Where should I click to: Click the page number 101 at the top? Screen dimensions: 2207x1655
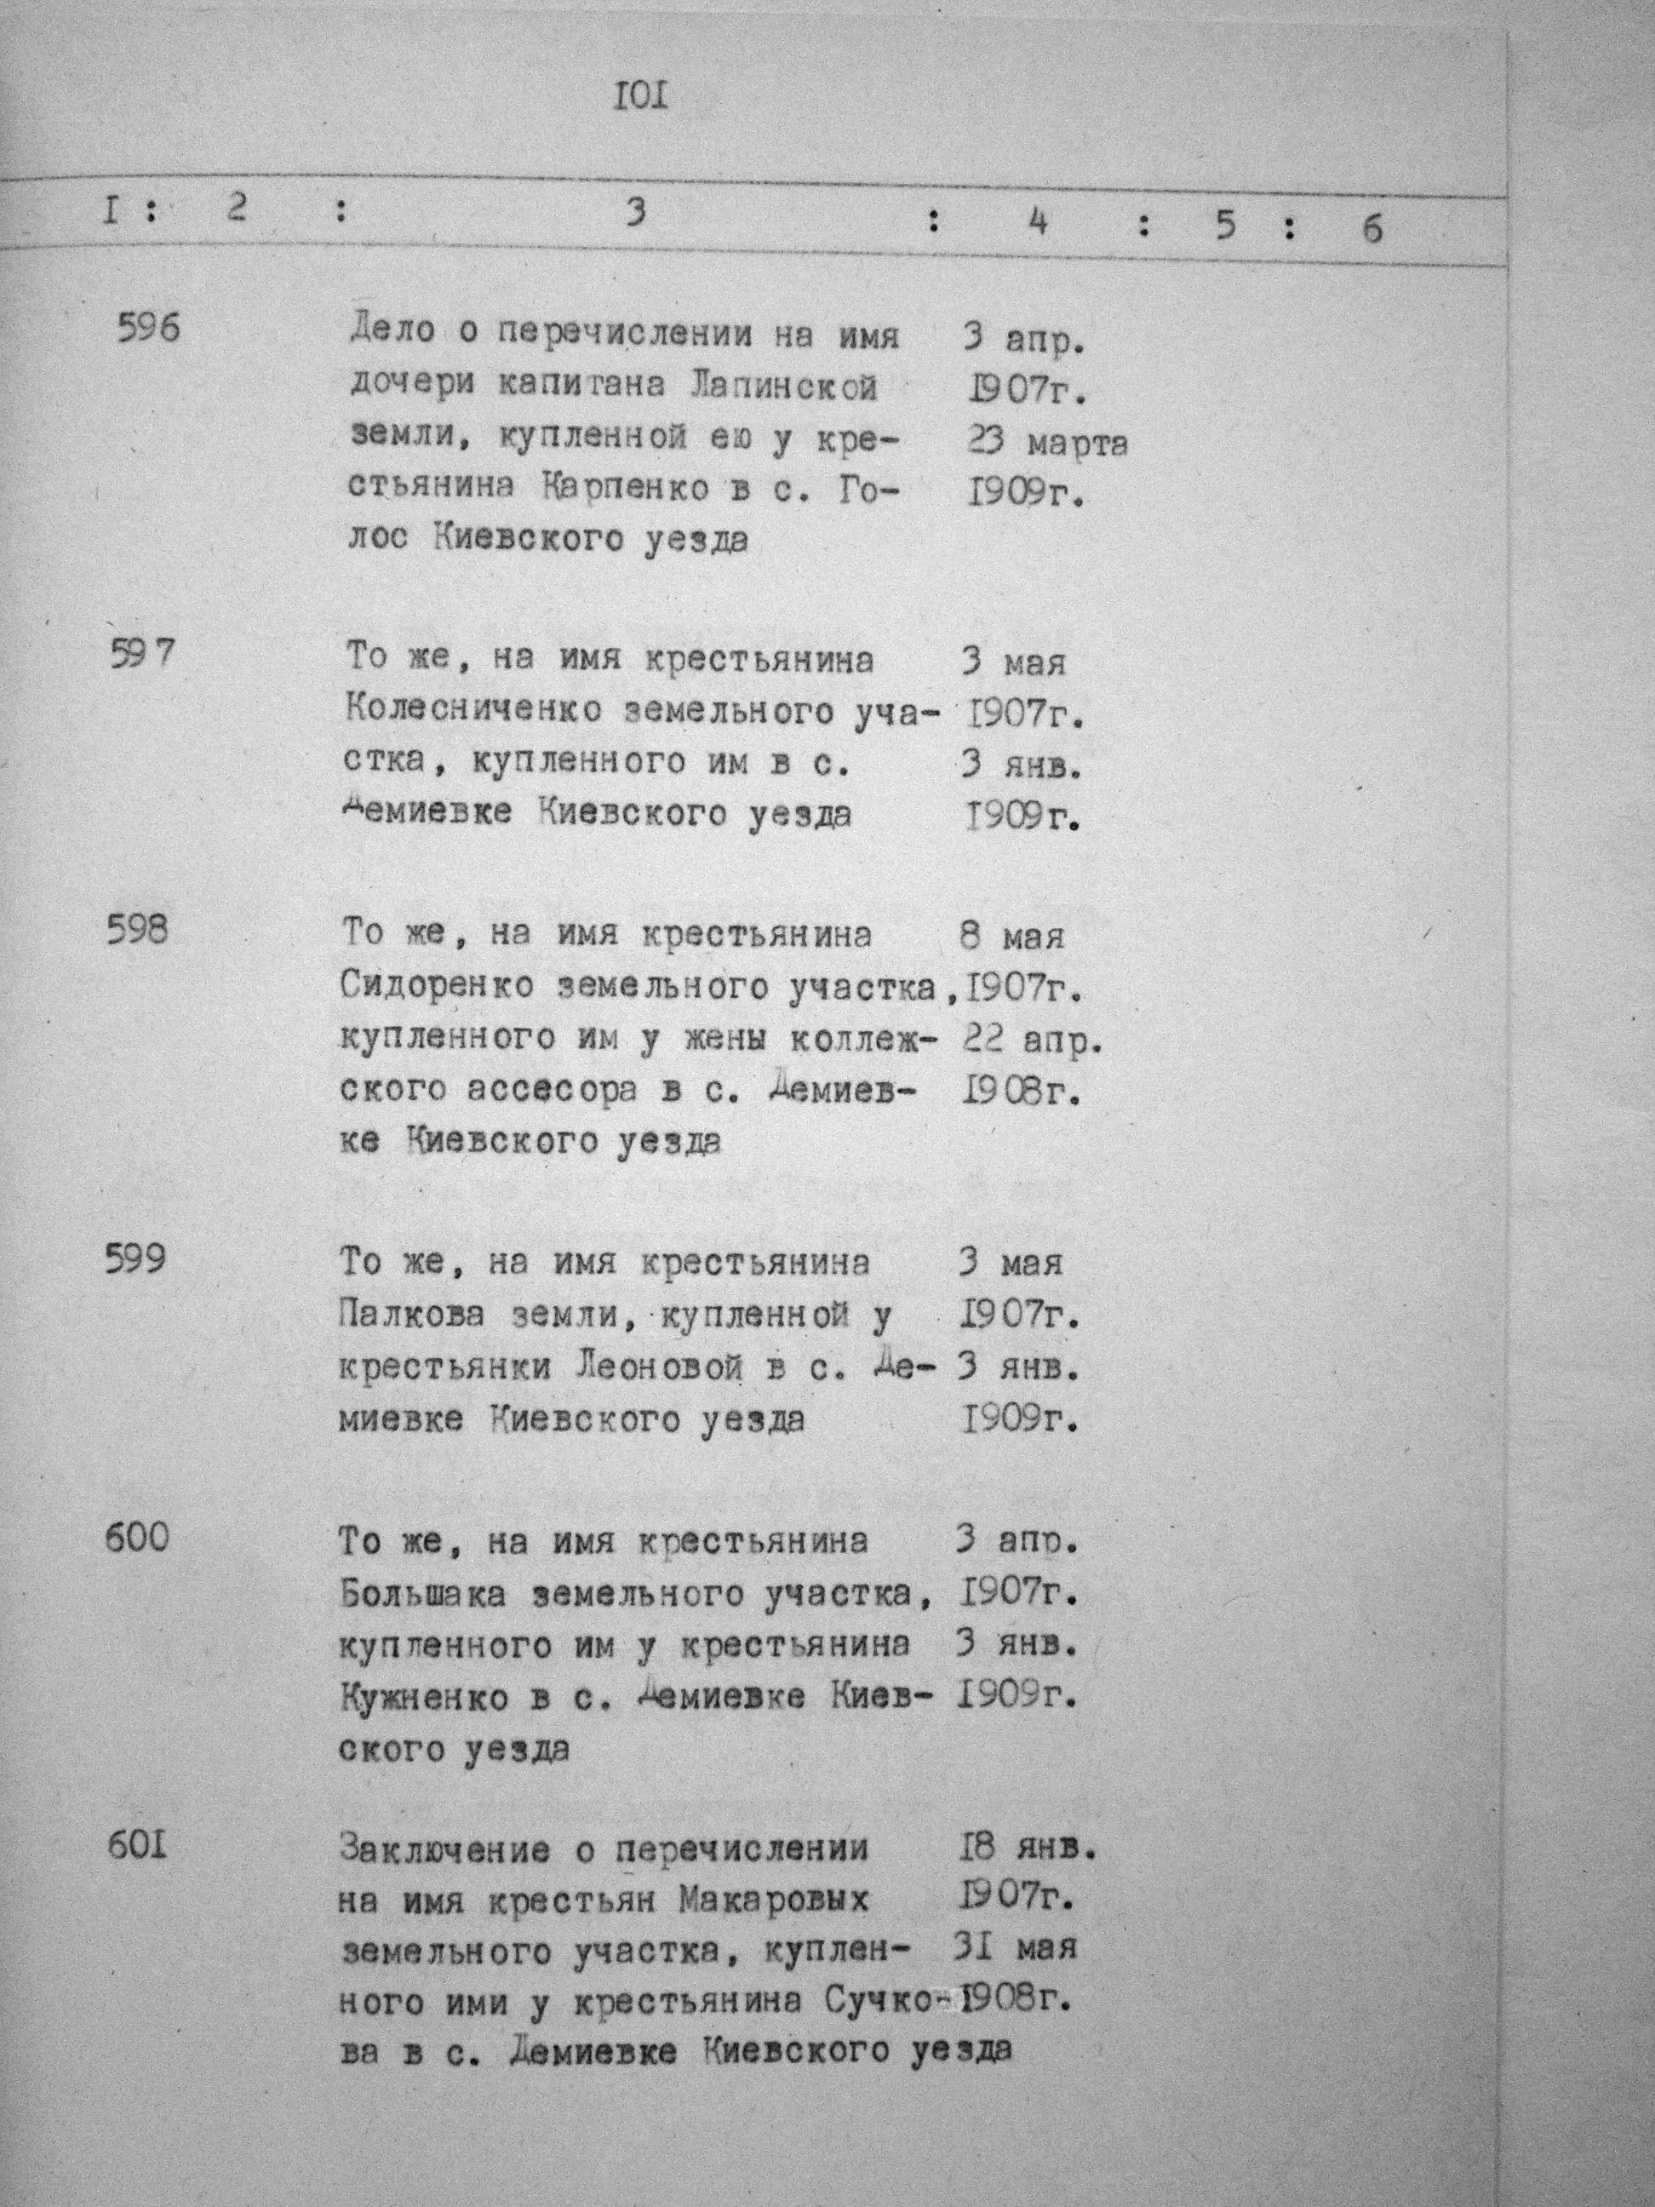[x=639, y=99]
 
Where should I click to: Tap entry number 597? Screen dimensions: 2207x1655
[x=140, y=656]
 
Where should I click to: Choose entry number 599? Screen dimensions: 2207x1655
[x=135, y=1259]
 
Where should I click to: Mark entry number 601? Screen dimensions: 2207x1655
[x=135, y=1846]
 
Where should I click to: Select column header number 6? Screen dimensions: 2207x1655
[x=1372, y=230]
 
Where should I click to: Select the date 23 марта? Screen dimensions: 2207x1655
[x=1046, y=442]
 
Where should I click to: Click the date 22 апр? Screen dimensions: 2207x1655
[x=1033, y=1040]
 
